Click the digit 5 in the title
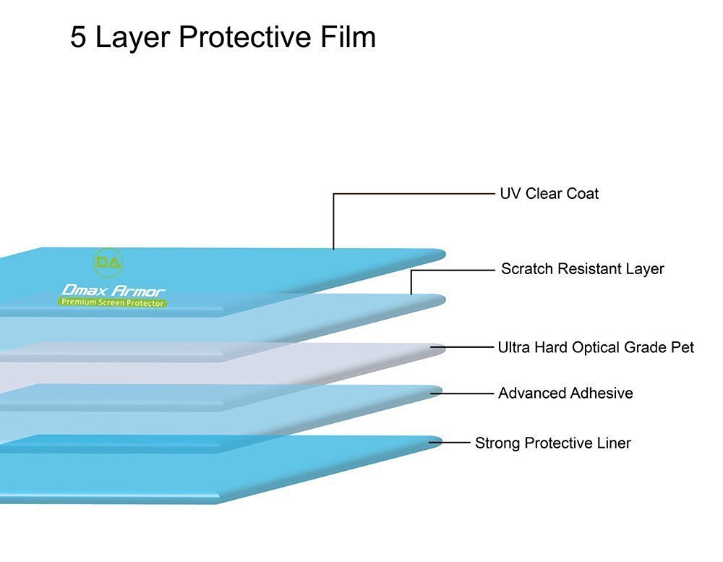(x=79, y=38)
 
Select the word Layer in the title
(x=135, y=38)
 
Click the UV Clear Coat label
(x=549, y=194)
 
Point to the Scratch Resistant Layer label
(x=582, y=269)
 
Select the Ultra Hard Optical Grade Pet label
(x=595, y=347)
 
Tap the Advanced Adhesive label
(x=565, y=393)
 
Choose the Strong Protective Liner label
(x=552, y=443)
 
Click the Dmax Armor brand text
(x=114, y=290)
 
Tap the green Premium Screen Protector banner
(x=112, y=302)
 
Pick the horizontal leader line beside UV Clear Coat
(x=412, y=194)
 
